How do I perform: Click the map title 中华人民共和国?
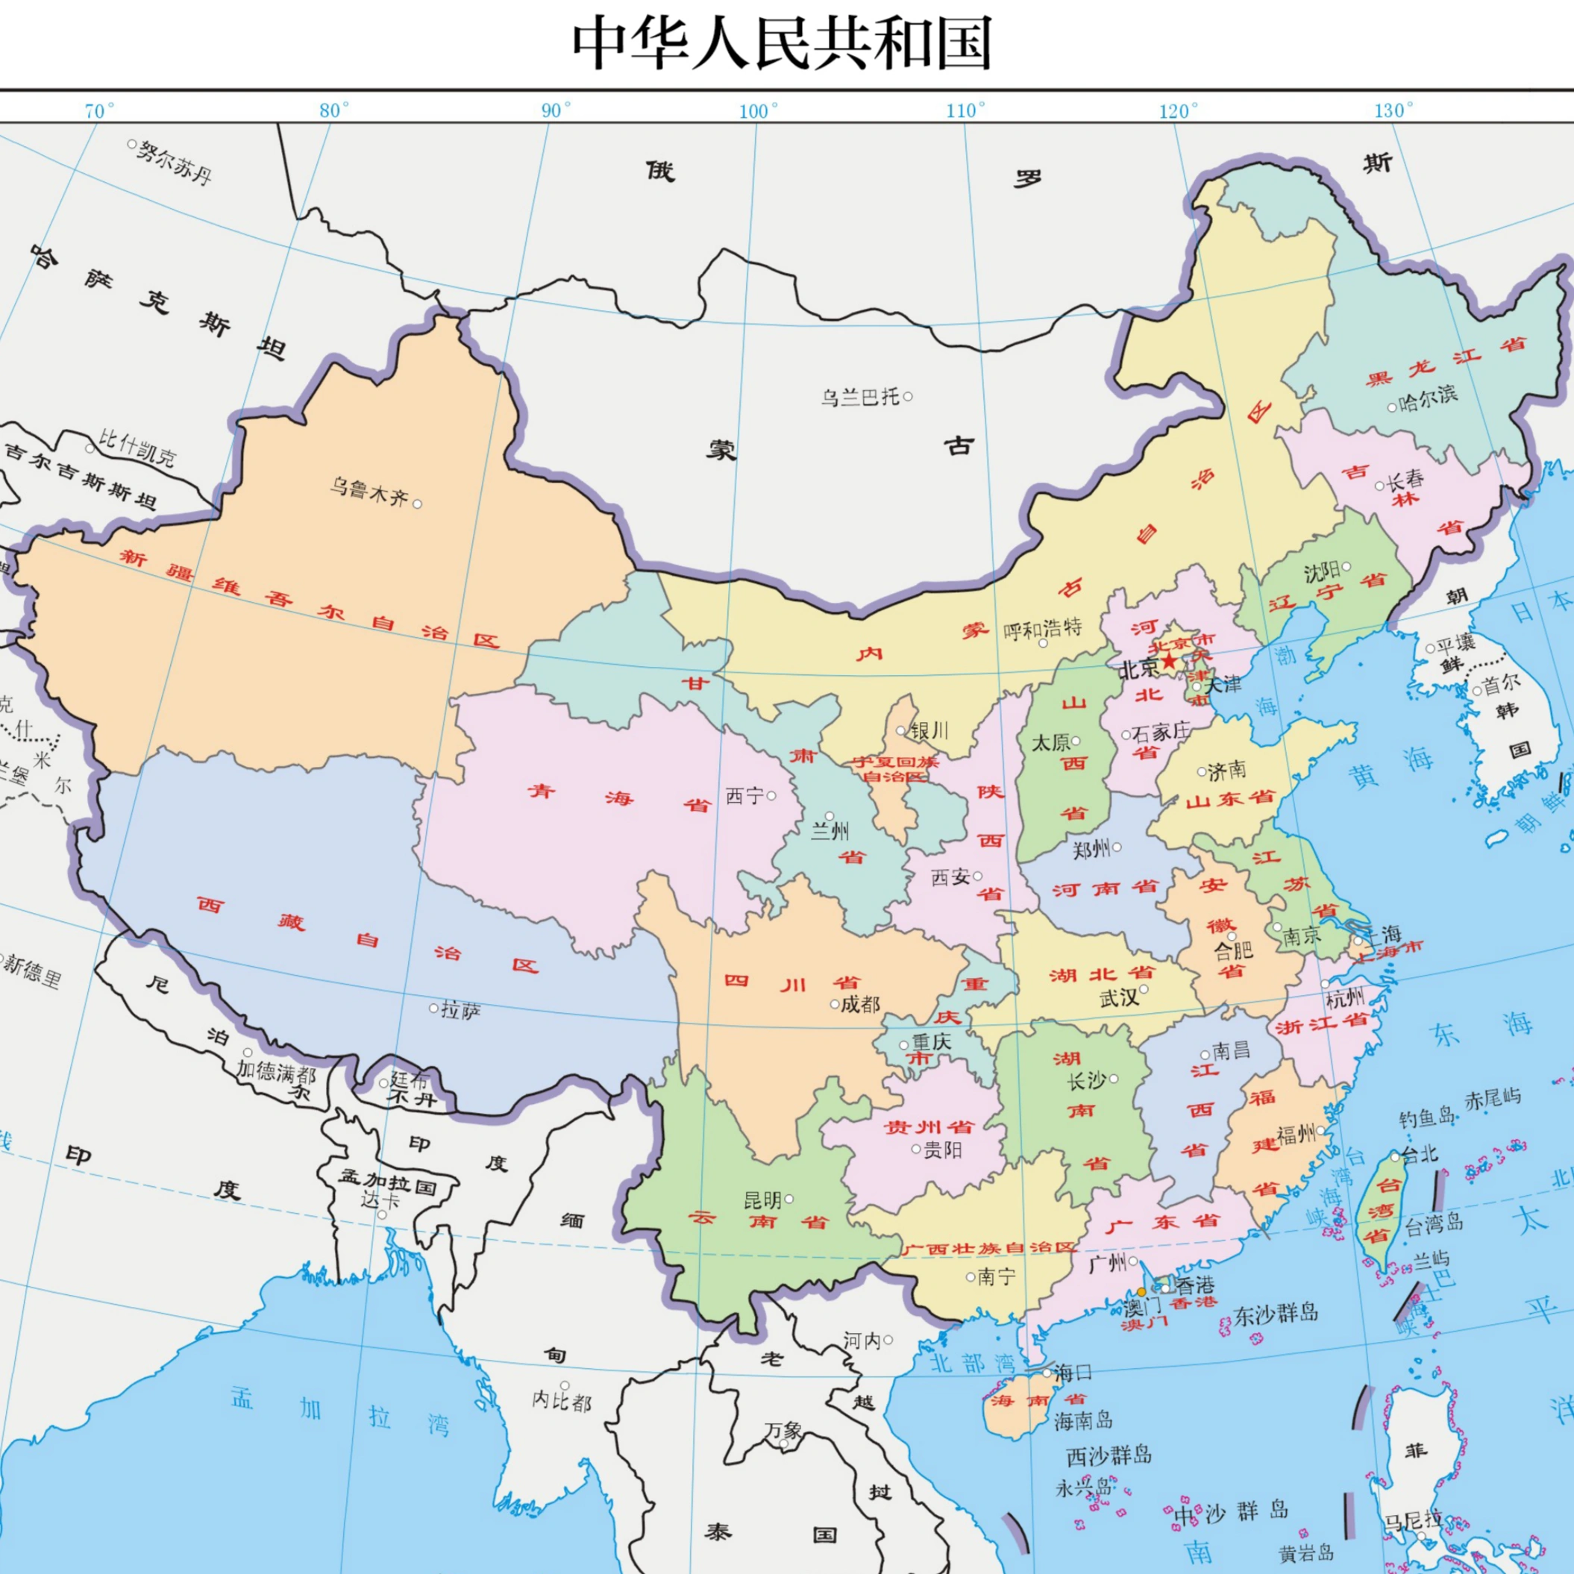(x=782, y=44)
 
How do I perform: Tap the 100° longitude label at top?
(x=759, y=111)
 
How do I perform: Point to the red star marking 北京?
(x=1169, y=661)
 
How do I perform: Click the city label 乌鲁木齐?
(x=369, y=492)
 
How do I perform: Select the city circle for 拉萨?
(x=433, y=1008)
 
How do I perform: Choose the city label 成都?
(x=860, y=1004)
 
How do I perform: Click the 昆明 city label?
(x=762, y=1200)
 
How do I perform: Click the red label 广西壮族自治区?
(x=990, y=1248)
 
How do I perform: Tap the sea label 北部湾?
(x=973, y=1362)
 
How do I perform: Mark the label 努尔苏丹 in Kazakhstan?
(x=175, y=161)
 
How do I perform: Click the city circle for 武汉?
(x=1144, y=989)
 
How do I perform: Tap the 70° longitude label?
(x=99, y=111)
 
